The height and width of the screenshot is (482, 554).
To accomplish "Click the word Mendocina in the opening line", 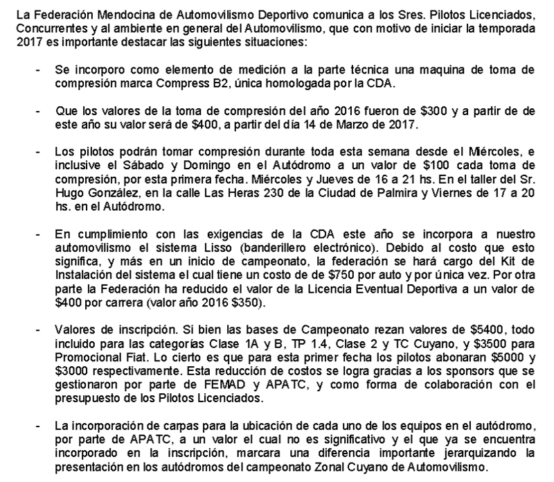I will [93, 15].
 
